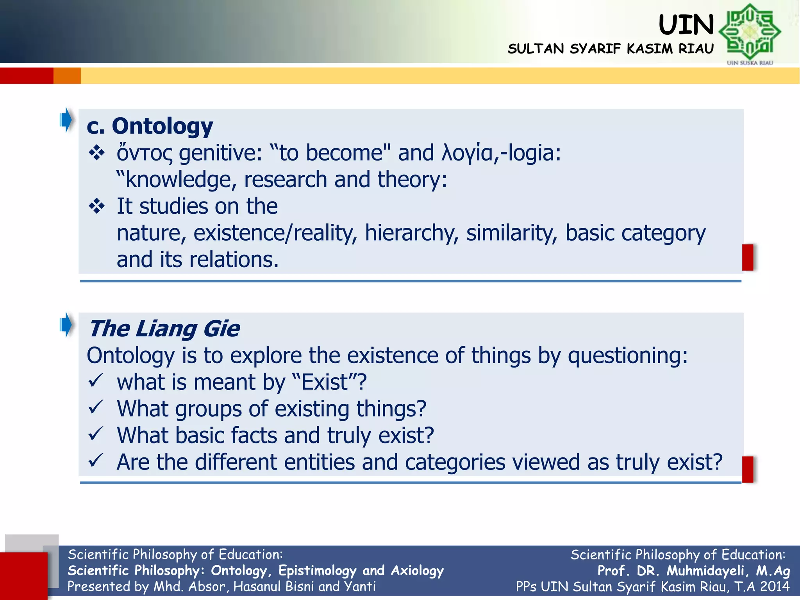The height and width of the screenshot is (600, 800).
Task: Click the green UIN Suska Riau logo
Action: pos(749,32)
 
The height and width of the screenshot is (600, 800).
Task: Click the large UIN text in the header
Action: pos(686,25)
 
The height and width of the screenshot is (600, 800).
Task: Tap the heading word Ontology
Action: pos(162,126)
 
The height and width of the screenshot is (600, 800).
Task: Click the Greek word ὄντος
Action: pos(144,153)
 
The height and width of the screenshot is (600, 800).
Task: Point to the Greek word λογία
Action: pos(469,153)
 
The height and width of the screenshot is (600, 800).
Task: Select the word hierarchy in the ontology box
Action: pos(411,233)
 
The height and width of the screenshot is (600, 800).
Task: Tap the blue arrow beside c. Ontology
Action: pos(66,120)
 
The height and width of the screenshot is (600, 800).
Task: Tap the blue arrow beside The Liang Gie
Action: pos(66,325)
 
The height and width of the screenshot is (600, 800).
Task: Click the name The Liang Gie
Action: pos(164,329)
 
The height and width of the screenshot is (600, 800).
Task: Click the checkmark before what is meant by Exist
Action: pos(95,380)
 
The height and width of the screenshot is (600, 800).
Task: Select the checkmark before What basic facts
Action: pos(95,434)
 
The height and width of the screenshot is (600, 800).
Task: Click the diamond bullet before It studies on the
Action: pos(96,206)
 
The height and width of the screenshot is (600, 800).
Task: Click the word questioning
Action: pos(627,356)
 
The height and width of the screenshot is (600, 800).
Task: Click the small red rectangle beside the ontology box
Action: pos(748,257)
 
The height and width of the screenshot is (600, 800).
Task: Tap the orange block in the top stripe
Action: pos(67,75)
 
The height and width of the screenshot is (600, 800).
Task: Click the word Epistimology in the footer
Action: pos(317,571)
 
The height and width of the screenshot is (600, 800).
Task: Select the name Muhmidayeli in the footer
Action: pos(707,571)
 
